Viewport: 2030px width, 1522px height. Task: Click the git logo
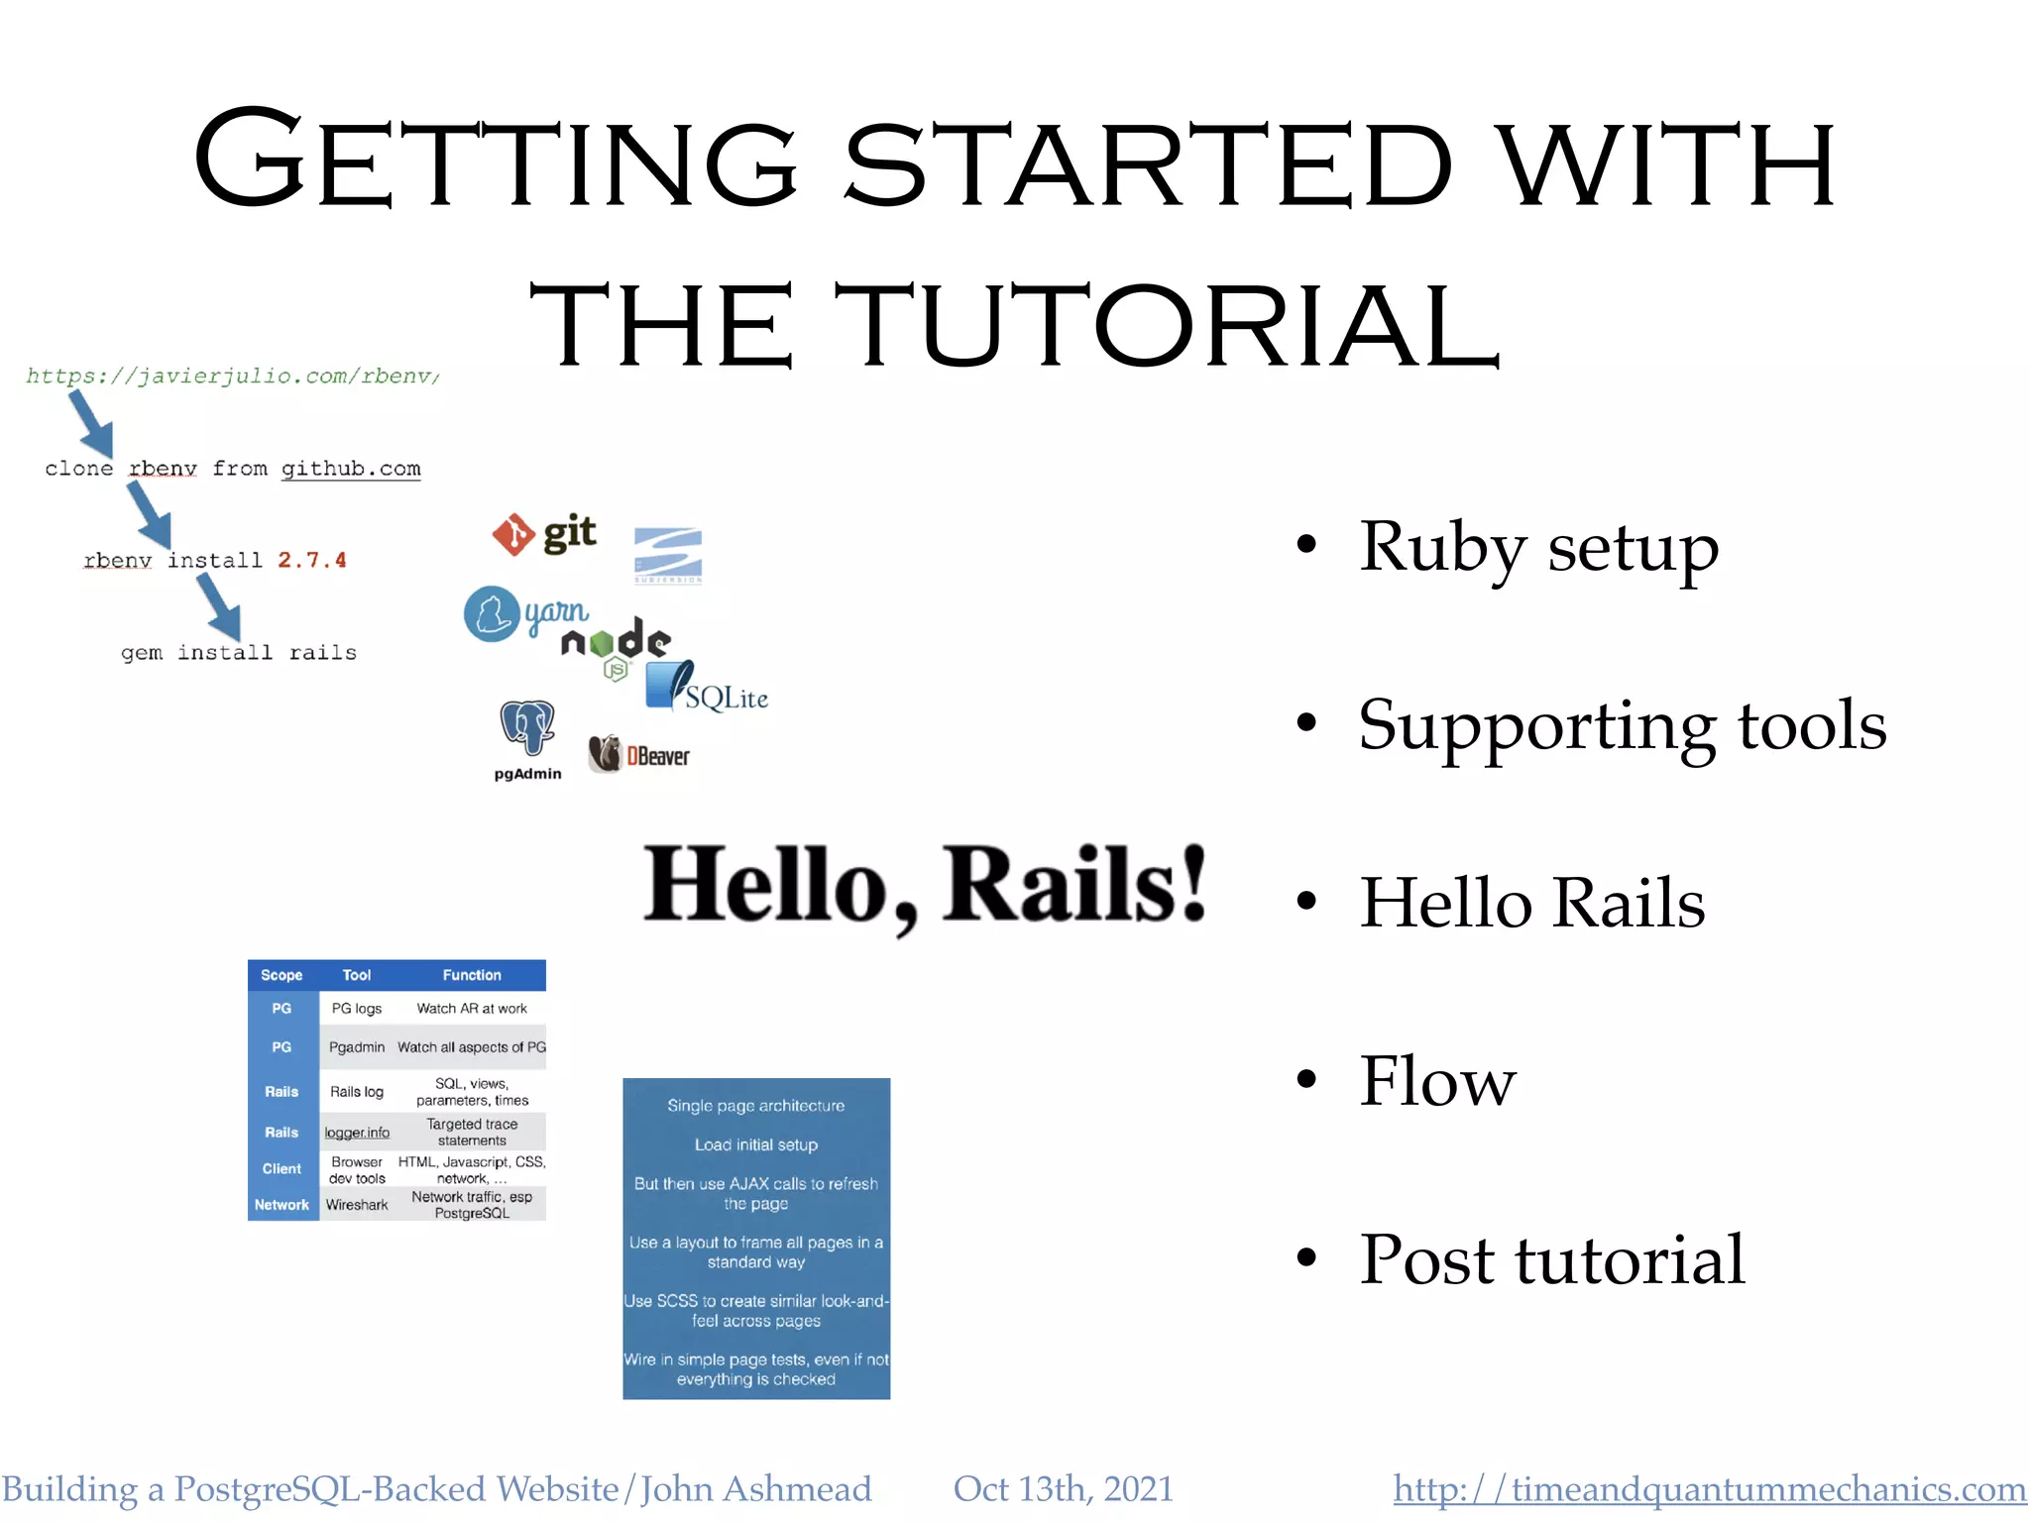[544, 534]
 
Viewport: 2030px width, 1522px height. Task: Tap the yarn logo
[525, 614]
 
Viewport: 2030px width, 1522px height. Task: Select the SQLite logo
[706, 688]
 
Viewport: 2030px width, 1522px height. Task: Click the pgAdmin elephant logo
[527, 729]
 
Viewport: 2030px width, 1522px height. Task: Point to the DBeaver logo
[639, 755]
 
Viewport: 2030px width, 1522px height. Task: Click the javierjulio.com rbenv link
[233, 377]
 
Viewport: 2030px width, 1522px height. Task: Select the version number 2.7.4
[312, 561]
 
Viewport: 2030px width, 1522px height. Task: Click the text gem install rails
[239, 653]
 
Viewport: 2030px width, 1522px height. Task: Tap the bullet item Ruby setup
[1537, 547]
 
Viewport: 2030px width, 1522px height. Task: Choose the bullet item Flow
[1437, 1081]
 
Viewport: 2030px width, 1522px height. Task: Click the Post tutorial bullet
[1551, 1259]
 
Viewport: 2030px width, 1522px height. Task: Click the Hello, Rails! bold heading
[925, 885]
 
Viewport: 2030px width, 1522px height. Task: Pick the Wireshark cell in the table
[357, 1205]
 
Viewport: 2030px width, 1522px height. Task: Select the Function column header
[472, 975]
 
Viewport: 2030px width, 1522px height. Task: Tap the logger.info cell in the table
[357, 1133]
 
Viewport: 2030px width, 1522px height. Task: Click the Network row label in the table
[282, 1205]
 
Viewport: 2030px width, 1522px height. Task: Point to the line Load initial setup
[756, 1144]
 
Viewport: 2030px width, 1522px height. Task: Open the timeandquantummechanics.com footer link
[1710, 1489]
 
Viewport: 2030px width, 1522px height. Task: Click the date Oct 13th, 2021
[1063, 1489]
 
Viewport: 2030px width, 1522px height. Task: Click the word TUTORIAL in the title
[1166, 326]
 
